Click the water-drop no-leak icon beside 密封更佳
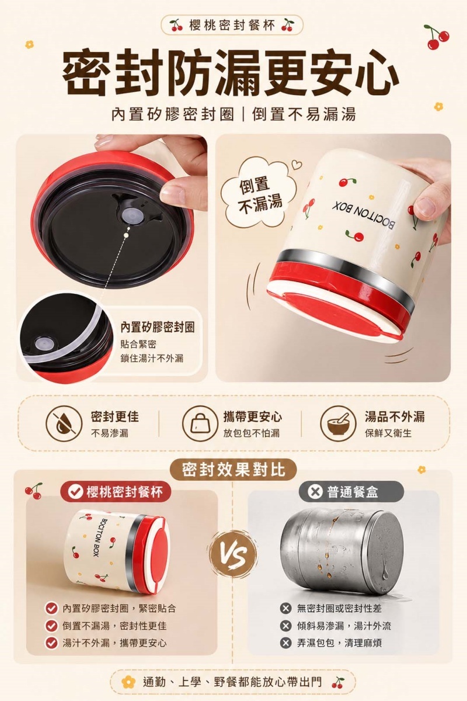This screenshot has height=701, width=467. [x=64, y=424]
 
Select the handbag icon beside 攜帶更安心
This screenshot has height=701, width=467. [x=200, y=424]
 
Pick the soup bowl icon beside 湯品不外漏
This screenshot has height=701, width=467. [x=339, y=424]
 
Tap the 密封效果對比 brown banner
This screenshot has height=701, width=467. [x=233, y=470]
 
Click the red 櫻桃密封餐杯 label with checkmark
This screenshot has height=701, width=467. [x=116, y=492]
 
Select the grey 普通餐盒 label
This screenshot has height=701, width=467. [x=351, y=492]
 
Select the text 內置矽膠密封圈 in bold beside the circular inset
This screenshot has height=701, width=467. [x=158, y=327]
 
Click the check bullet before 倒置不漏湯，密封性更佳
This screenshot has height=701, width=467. [x=51, y=626]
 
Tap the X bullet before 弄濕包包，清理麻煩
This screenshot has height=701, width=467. [x=285, y=643]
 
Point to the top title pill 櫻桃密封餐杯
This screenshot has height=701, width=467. [x=232, y=25]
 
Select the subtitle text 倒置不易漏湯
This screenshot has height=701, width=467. [x=304, y=115]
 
